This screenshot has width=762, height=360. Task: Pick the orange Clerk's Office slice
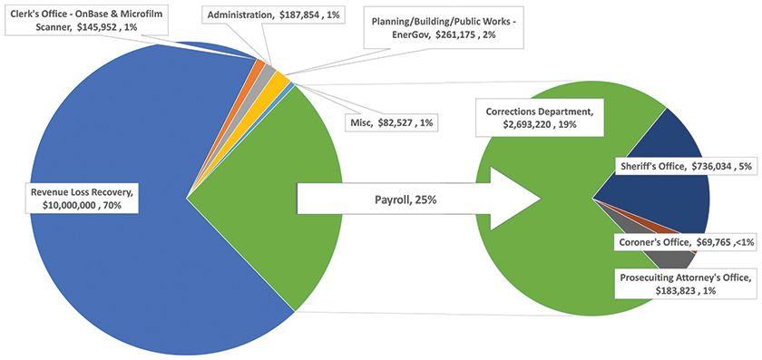259,66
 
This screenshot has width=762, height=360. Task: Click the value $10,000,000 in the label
54,206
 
